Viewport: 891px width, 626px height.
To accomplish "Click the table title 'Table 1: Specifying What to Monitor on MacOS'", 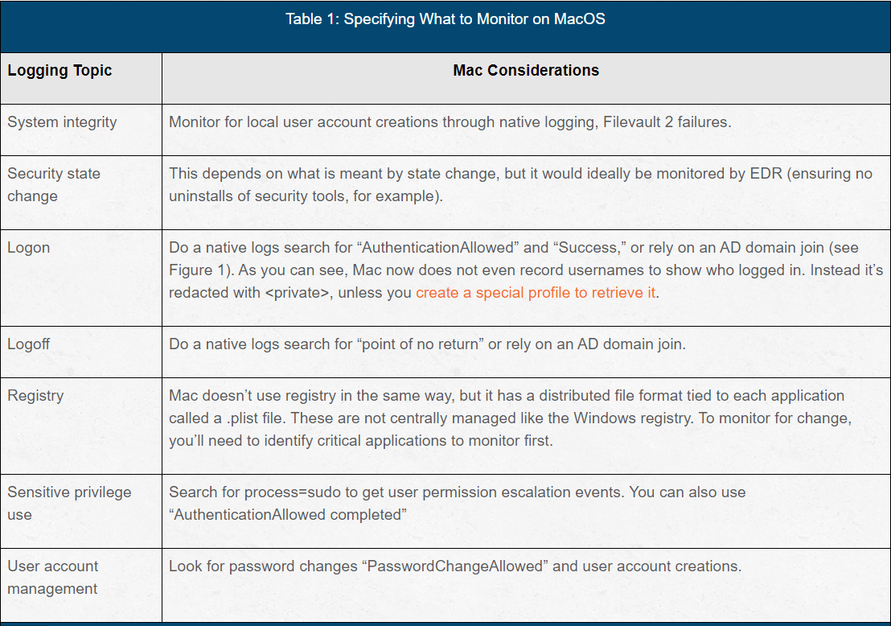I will tap(445, 19).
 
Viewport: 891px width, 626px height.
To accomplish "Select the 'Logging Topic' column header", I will tap(60, 71).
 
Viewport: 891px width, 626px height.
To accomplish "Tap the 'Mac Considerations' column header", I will tap(526, 71).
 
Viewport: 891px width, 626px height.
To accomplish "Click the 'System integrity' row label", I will tap(62, 122).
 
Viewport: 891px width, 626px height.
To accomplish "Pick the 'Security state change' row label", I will tap(54, 184).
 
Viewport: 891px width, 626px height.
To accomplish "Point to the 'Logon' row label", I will tap(29, 248).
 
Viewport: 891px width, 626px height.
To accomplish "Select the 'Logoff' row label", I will tap(29, 344).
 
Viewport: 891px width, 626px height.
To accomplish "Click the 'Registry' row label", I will tap(35, 396).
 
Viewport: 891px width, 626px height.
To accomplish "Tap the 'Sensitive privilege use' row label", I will tap(69, 503).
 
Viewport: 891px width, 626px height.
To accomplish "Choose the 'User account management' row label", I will tap(53, 577).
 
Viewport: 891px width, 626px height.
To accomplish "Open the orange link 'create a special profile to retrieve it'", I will tap(536, 293).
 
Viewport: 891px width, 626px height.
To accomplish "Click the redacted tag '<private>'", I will tap(297, 293).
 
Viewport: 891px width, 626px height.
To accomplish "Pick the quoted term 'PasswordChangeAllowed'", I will tap(454, 566).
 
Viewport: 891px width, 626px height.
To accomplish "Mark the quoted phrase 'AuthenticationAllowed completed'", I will tap(287, 515).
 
